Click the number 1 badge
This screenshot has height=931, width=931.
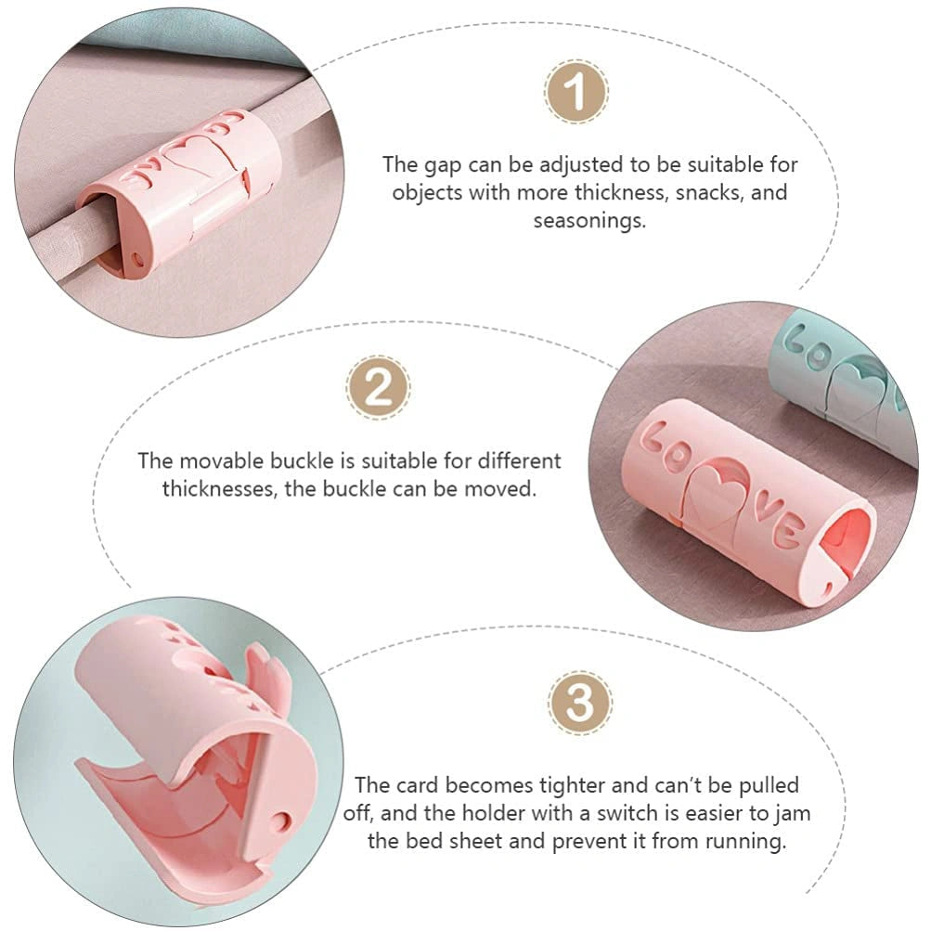point(575,93)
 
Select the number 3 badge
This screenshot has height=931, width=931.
point(580,706)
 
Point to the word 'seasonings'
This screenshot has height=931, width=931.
point(588,221)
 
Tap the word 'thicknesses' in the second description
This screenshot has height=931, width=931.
point(219,488)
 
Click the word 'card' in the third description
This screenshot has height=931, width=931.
point(412,786)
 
